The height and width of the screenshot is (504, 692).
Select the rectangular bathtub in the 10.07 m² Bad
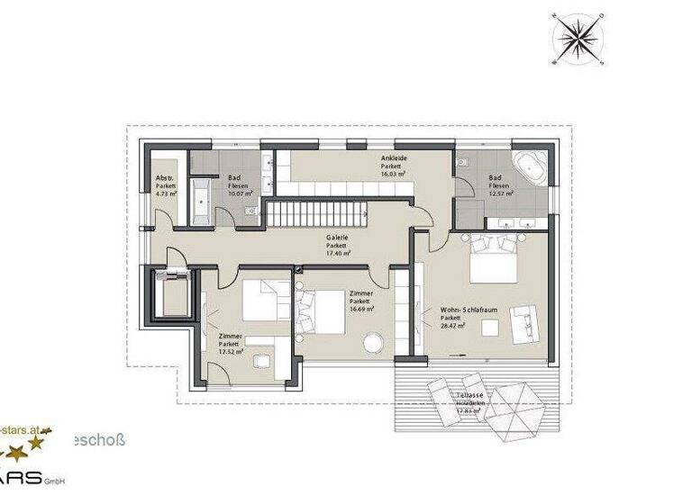pos(200,200)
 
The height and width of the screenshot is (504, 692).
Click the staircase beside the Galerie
pos(320,214)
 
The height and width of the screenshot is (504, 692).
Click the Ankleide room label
pos(394,158)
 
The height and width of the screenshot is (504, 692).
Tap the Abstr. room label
pos(165,177)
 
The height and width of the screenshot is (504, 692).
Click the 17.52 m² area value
pos(229,353)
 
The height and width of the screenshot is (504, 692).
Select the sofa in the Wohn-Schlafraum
pos(524,322)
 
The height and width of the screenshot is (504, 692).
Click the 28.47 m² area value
pos(453,326)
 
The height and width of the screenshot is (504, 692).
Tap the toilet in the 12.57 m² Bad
pos(462,162)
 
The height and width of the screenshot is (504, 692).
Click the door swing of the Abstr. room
pos(168,219)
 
